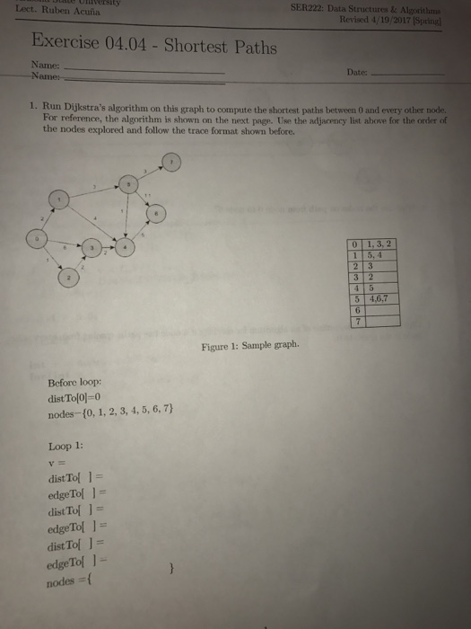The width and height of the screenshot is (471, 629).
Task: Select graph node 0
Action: (x=37, y=239)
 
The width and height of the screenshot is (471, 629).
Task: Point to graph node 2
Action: (x=68, y=279)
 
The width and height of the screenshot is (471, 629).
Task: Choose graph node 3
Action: (x=92, y=246)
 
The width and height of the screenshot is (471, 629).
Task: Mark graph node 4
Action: (x=126, y=245)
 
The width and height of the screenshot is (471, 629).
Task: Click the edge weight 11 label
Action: (x=146, y=195)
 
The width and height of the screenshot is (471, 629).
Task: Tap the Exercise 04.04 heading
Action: (x=153, y=46)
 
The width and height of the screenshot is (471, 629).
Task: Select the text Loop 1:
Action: (x=66, y=446)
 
